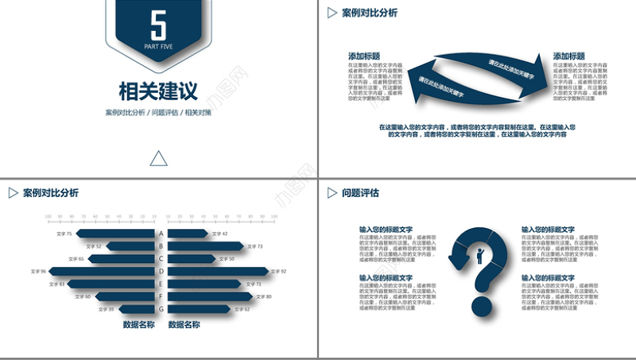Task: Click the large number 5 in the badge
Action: [158, 25]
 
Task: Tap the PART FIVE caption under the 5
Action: [158, 47]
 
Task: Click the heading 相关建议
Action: [158, 89]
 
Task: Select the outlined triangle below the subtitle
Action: [158, 159]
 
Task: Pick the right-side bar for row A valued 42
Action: [188, 234]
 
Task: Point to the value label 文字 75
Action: [63, 234]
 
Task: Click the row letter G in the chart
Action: [161, 308]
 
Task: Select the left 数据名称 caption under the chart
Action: [138, 324]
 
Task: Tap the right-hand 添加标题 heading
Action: [569, 56]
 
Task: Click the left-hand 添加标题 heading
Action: [364, 56]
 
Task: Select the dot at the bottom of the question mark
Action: [481, 307]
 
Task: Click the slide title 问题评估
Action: [360, 192]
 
